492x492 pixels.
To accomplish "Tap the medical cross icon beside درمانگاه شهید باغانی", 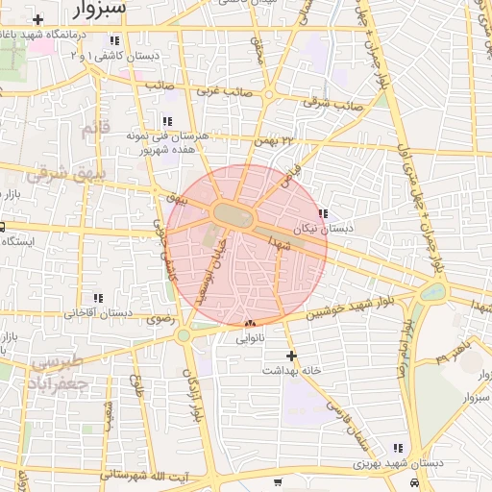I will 37,20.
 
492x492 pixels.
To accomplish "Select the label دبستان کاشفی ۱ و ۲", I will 113,57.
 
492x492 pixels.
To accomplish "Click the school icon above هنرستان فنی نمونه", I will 167,121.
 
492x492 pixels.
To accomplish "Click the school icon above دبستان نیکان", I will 323,213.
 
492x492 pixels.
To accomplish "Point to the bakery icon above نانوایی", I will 250,323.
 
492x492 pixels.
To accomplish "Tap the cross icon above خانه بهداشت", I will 292,356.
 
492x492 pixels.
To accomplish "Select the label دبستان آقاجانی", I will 97,314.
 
